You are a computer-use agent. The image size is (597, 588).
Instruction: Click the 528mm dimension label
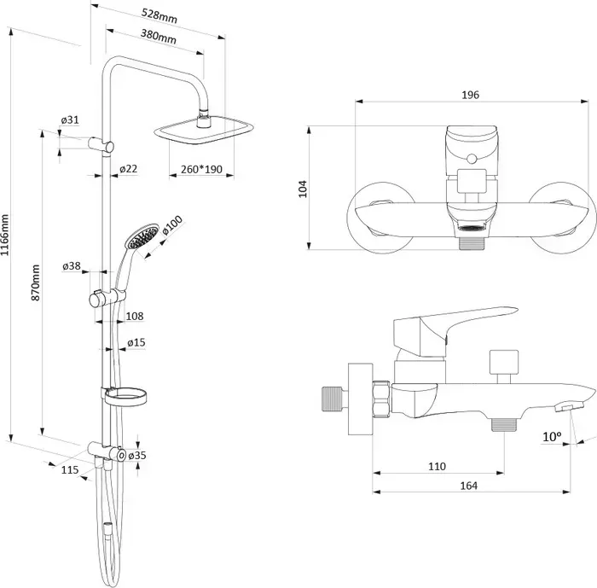(159, 15)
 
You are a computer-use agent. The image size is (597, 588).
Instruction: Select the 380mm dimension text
(159, 36)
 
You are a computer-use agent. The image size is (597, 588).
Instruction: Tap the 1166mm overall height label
(4, 236)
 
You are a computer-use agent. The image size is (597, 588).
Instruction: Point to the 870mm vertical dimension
(35, 282)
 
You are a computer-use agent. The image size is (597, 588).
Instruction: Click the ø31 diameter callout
(70, 119)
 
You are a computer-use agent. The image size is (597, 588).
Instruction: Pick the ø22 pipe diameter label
(128, 168)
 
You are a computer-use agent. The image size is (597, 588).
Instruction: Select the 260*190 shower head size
(201, 169)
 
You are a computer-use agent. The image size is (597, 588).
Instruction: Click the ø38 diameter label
(72, 265)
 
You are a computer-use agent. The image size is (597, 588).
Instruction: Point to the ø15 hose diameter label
(136, 342)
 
